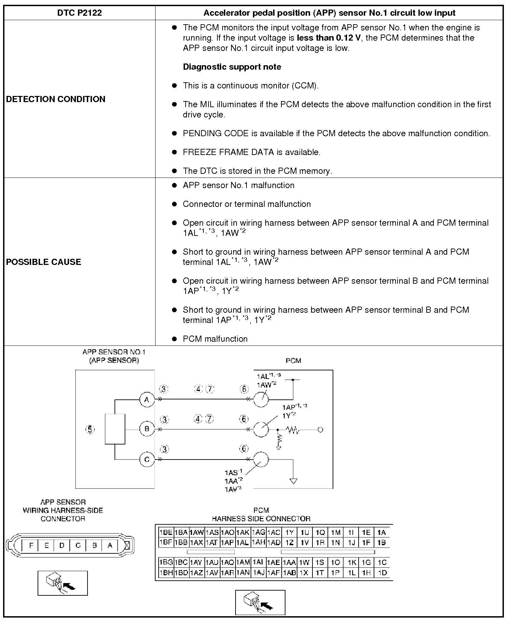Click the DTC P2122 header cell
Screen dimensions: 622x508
point(79,13)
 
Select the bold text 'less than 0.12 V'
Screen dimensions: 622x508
point(329,38)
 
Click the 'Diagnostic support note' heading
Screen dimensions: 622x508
point(232,67)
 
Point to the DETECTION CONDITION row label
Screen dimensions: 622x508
point(56,99)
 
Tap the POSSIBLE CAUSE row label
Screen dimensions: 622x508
point(44,262)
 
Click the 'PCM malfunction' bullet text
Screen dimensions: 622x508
point(215,339)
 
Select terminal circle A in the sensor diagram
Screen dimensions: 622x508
point(147,399)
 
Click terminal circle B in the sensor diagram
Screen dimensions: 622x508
point(147,429)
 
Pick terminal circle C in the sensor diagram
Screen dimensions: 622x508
point(147,460)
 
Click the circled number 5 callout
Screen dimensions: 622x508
point(90,429)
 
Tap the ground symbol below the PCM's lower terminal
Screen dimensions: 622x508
point(293,481)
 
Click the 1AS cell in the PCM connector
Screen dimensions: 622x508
point(212,532)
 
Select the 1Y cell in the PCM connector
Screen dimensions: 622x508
point(290,532)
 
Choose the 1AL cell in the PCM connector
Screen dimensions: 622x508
point(243,542)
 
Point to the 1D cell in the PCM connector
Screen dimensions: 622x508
point(382,572)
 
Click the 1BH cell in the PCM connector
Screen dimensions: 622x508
point(166,572)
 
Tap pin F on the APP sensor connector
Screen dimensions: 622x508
point(31,545)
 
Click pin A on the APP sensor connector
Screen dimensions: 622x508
point(110,545)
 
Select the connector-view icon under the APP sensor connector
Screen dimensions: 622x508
point(63,583)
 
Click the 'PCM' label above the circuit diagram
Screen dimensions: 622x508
point(293,361)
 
